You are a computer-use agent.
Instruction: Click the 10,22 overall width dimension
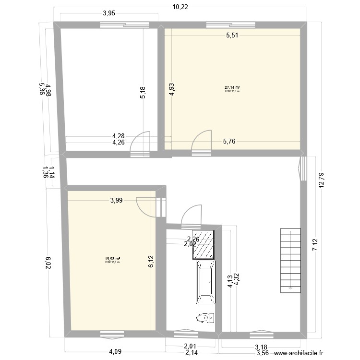[x=180, y=6]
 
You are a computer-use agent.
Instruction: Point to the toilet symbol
[x=205, y=318]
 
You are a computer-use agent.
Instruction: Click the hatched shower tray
[x=204, y=245]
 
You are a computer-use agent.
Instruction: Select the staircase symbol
[x=291, y=260]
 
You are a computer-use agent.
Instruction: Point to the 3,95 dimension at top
[x=108, y=13]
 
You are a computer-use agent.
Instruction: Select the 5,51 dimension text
[x=233, y=35]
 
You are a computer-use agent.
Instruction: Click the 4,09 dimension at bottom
[x=115, y=351]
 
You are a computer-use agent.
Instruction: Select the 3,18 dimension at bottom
[x=261, y=347]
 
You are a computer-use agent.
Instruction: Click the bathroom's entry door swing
[x=191, y=215]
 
